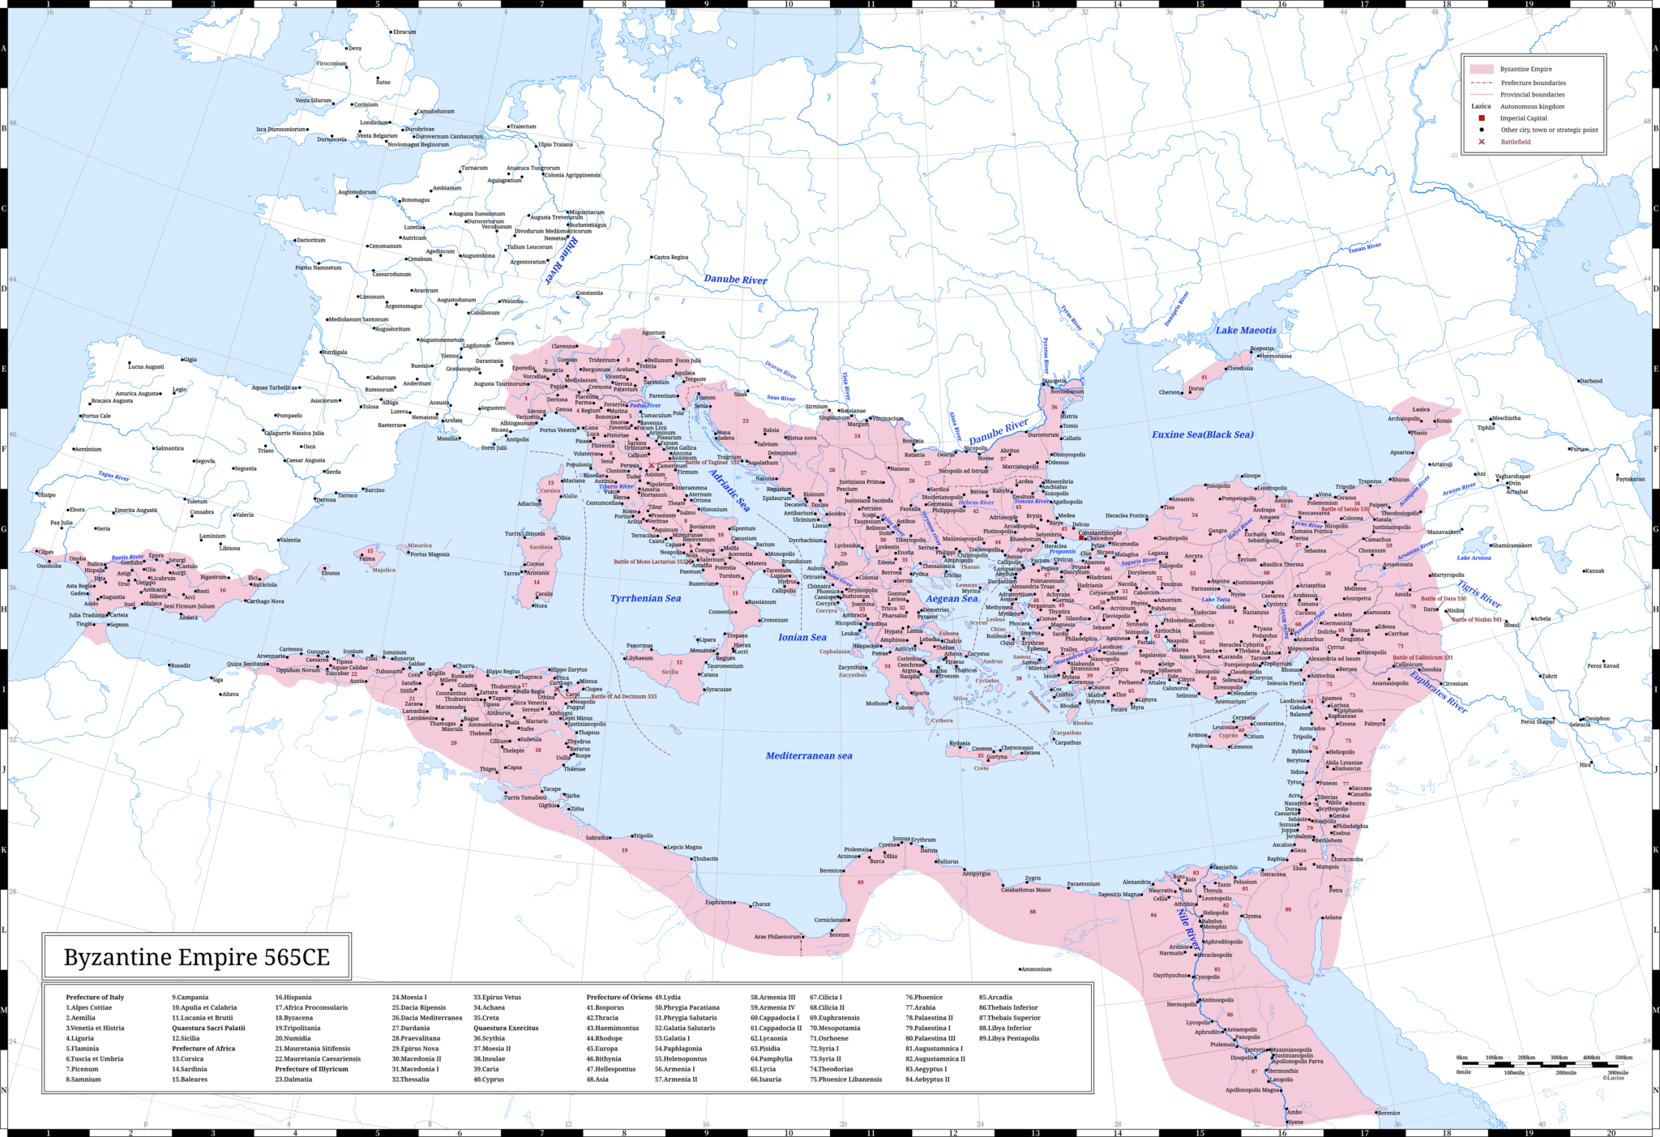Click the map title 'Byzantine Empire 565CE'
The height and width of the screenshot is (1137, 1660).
(x=197, y=957)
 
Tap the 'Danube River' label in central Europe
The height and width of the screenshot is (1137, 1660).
(x=734, y=280)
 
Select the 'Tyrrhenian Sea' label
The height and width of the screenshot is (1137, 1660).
(x=645, y=598)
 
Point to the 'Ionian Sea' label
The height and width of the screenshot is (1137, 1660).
(x=802, y=637)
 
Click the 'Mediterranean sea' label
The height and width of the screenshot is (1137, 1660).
(x=808, y=755)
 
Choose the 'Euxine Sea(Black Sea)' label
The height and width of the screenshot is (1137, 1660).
(x=1202, y=434)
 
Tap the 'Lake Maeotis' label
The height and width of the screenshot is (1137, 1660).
(x=1245, y=330)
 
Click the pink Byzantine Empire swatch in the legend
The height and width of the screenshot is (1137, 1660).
(x=1481, y=69)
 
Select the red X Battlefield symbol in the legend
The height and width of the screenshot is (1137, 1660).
(x=1482, y=142)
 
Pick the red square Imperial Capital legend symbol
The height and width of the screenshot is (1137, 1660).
(x=1482, y=118)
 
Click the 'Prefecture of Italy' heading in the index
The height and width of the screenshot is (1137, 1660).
(x=95, y=997)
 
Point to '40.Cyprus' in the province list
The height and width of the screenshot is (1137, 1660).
(x=488, y=1079)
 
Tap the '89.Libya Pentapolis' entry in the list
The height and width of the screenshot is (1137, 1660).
(x=1008, y=1038)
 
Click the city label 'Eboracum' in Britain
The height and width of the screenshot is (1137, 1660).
(x=404, y=32)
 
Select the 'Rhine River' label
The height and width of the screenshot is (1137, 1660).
(x=561, y=259)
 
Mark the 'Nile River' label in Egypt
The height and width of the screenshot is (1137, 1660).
(x=1187, y=929)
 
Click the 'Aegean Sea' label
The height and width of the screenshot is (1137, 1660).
(x=952, y=599)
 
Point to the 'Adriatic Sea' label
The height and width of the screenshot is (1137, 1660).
(x=729, y=490)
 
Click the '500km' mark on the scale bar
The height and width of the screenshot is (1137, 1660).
(x=1623, y=1058)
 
